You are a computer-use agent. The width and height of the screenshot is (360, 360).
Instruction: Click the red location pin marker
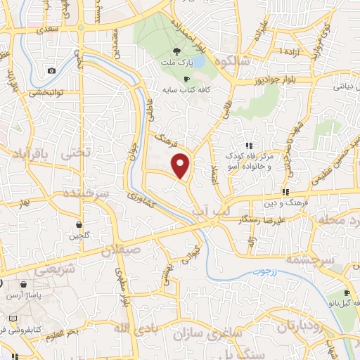tap(181, 166)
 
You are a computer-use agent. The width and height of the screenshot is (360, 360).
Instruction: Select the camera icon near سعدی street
tap(51, 70)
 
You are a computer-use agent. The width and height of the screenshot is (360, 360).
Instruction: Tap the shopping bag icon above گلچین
tap(77, 224)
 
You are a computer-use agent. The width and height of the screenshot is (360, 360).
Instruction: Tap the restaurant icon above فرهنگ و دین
tap(286, 191)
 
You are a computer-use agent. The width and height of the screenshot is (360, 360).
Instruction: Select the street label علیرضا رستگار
tap(263, 220)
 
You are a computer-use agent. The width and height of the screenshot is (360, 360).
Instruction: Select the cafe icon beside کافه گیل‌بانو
tap(347, 293)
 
